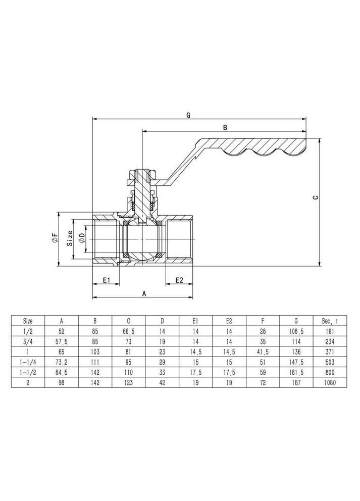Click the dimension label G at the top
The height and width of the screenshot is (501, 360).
(188, 115)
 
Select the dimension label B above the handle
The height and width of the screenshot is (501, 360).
(225, 127)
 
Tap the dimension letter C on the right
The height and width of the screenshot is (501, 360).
(315, 198)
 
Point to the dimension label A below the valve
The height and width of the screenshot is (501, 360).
(144, 292)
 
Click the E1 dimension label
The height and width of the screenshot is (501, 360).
(107, 280)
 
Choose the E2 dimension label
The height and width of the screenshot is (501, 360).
(179, 280)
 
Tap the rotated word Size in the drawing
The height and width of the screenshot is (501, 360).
(71, 238)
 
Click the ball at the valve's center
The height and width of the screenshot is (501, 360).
(143, 239)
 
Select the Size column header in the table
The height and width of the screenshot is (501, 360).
(28, 320)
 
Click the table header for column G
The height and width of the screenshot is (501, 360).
(296, 320)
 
